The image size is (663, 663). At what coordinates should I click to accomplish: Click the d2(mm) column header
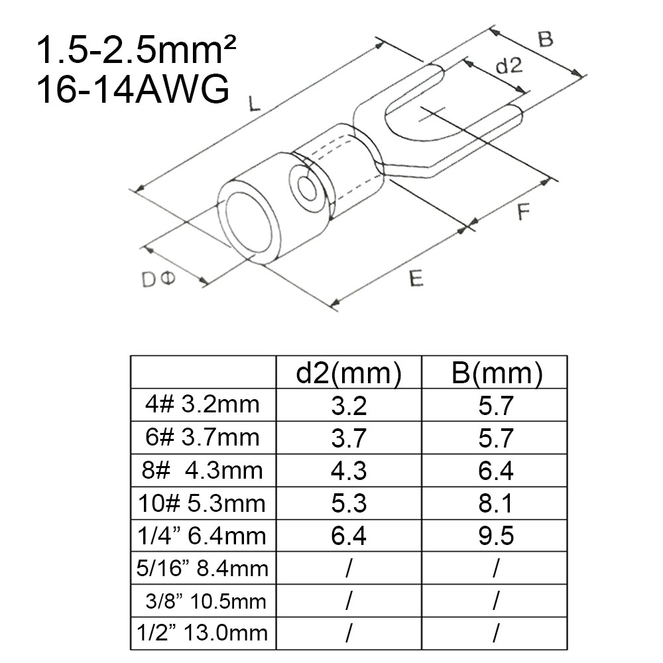(x=349, y=373)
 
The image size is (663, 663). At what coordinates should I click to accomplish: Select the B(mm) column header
(x=497, y=373)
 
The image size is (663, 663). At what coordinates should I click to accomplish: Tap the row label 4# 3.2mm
(x=202, y=404)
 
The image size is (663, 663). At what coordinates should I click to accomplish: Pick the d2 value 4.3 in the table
(x=349, y=470)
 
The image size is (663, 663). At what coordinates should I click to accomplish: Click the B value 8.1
(x=495, y=503)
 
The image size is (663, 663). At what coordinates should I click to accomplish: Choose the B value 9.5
(x=496, y=536)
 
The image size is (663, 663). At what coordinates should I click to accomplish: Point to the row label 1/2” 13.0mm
(x=202, y=633)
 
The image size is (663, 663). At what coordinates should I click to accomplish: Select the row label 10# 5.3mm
(x=202, y=503)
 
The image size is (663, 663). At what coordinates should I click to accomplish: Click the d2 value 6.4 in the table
(x=349, y=536)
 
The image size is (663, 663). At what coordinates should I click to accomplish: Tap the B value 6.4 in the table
(x=496, y=470)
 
